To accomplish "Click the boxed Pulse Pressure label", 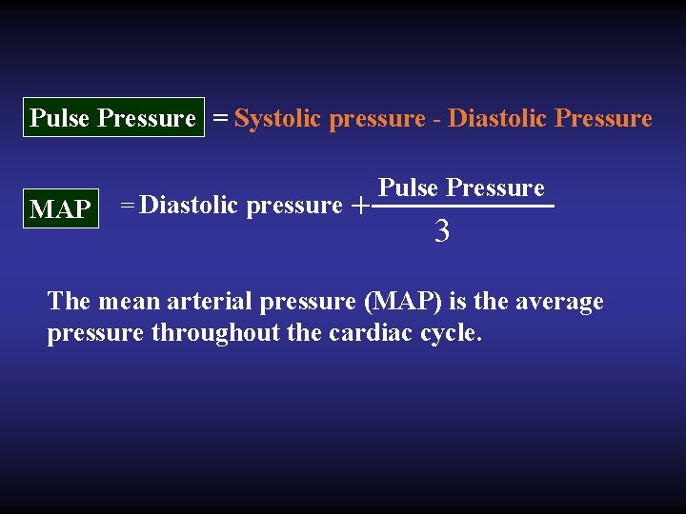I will (x=112, y=118).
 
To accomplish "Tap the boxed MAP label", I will (x=61, y=208).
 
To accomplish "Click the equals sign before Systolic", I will (x=220, y=118).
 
